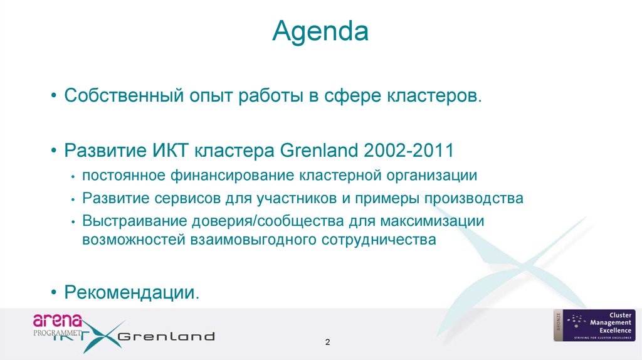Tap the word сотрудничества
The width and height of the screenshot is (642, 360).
[x=379, y=240]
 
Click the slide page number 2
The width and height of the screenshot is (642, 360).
[x=327, y=342]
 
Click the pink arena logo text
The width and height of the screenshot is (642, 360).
[x=58, y=320]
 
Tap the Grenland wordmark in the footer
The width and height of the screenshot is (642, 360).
[x=166, y=336]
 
